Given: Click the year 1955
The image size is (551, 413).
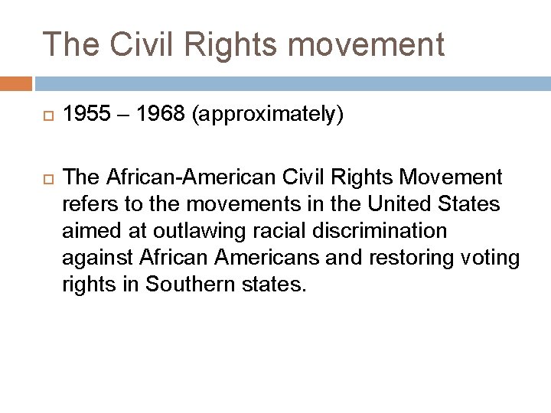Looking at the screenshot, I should point(85,115).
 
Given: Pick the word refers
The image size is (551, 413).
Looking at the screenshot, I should point(86,205).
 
